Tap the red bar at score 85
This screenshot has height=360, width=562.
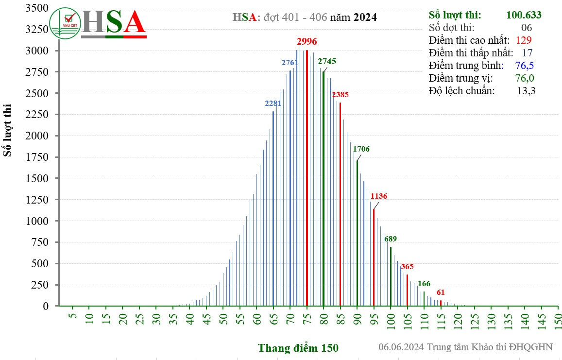341,204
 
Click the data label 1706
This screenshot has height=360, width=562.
361,149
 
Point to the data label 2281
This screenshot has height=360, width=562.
273,103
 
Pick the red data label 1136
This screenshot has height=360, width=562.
378,196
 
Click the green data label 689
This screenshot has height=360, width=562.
391,239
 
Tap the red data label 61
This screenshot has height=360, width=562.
441,292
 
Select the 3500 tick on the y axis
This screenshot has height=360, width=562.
38,8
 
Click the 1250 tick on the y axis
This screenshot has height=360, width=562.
38,200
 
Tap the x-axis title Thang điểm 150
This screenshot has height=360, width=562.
298,348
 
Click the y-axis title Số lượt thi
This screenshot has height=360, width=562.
8,130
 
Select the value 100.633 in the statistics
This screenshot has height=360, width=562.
524,15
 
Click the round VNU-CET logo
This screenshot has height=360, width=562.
65,23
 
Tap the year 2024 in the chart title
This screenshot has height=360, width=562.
365,17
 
